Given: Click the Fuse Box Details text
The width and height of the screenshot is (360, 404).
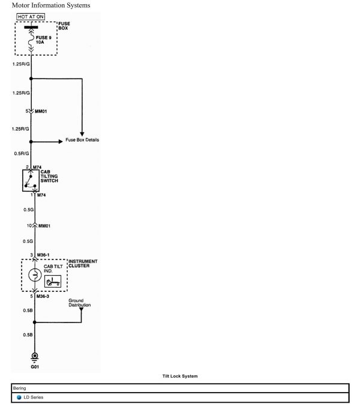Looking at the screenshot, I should tap(82, 140).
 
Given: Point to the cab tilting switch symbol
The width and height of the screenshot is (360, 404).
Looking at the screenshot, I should tap(35, 180).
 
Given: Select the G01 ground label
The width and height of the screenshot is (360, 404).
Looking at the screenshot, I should tap(35, 366).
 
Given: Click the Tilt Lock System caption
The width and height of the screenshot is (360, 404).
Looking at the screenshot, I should tap(179, 376).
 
